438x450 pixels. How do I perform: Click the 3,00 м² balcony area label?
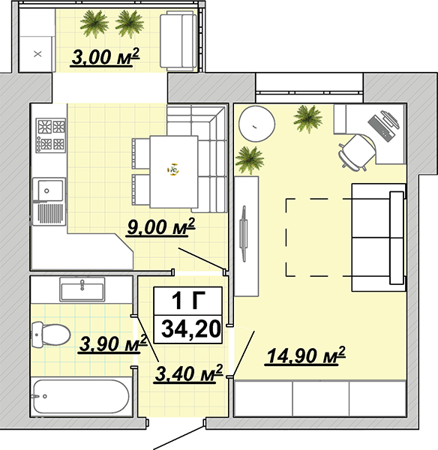pyautogui.click(x=105, y=57)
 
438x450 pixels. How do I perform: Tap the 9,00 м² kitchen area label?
pyautogui.click(x=160, y=226)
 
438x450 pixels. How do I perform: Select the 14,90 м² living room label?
pyautogui.click(x=306, y=355)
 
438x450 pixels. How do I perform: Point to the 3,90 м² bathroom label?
pyautogui.click(x=112, y=343)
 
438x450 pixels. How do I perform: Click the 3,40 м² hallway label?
pyautogui.click(x=188, y=373)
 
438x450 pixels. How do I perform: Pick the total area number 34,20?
pyautogui.click(x=190, y=329)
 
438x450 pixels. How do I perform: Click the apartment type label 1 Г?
pyautogui.click(x=188, y=301)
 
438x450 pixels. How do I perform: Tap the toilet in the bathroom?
pyautogui.click(x=50, y=334)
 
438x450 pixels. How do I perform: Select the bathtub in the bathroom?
pyautogui.click(x=81, y=396)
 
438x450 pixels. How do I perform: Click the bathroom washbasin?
pyautogui.click(x=82, y=289)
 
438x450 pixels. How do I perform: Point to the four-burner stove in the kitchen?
pyautogui.click(x=51, y=135)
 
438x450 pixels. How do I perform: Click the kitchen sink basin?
pyautogui.click(x=49, y=190)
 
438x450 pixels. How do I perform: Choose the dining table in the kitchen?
pyautogui.click(x=174, y=171)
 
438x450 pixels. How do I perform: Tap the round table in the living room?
pyautogui.click(x=257, y=124)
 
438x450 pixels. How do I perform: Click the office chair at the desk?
pyautogui.click(x=357, y=153)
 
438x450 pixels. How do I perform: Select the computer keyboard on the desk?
pyautogui.click(x=381, y=127)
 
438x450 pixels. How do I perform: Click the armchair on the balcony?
pyautogui.click(x=178, y=40)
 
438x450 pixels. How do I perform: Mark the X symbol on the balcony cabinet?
pyautogui.click(x=37, y=54)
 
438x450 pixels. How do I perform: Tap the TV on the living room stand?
pyautogui.click(x=244, y=233)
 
